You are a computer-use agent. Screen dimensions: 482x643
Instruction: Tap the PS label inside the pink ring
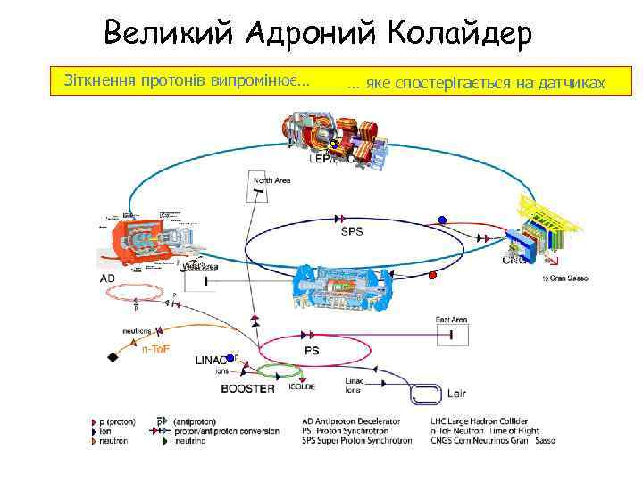click(x=312, y=351)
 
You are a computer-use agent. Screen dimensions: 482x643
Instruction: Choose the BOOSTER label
click(x=248, y=388)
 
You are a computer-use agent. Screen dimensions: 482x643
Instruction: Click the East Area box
click(x=452, y=334)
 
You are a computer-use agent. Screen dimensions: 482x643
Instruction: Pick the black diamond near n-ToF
click(x=113, y=357)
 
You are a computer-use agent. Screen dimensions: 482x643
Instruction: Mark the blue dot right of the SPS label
click(x=441, y=220)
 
